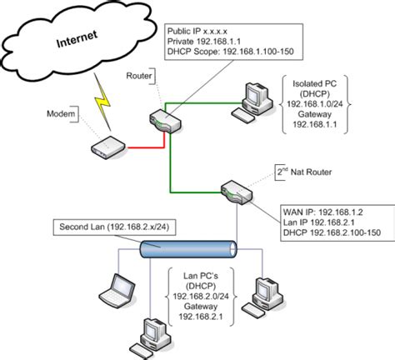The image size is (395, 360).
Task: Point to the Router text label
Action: coord(138,76)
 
